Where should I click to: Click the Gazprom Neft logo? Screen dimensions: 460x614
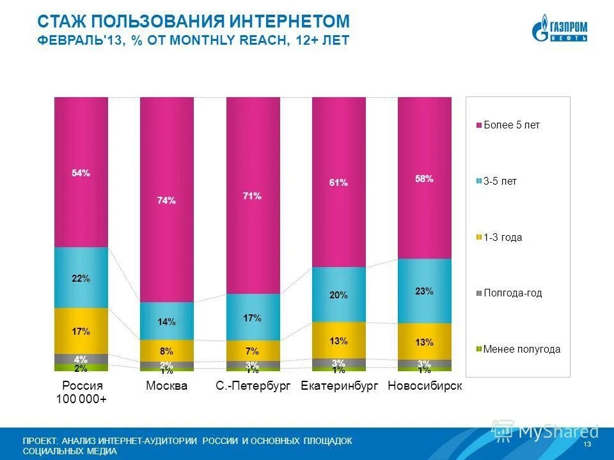[x=559, y=31]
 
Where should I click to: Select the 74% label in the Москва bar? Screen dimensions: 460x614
[x=166, y=201]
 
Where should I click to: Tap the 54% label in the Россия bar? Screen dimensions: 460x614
[x=81, y=173]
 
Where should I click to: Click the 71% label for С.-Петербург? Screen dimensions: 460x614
[x=252, y=196]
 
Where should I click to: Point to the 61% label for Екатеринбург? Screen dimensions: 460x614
[x=338, y=183]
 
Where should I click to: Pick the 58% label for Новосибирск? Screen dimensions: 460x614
[x=424, y=179]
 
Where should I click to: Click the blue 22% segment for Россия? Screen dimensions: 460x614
[x=81, y=278]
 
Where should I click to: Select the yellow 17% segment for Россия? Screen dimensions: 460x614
[x=81, y=331]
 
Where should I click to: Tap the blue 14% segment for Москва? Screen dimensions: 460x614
[x=166, y=321]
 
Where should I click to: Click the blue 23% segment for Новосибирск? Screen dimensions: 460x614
[x=424, y=291]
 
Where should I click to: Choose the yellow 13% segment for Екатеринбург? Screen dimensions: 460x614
[x=338, y=341]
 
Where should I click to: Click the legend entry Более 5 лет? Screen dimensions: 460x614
[x=512, y=125]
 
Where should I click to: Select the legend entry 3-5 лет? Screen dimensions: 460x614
[x=500, y=181]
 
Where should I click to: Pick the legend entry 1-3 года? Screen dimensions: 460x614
[x=503, y=238]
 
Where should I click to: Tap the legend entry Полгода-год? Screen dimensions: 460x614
[x=512, y=293]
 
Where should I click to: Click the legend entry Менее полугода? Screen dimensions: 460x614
[x=522, y=349]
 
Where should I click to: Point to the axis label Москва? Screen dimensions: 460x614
[x=166, y=386]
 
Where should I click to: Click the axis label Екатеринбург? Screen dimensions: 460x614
[x=338, y=386]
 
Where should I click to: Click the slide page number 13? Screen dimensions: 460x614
[x=587, y=444]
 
